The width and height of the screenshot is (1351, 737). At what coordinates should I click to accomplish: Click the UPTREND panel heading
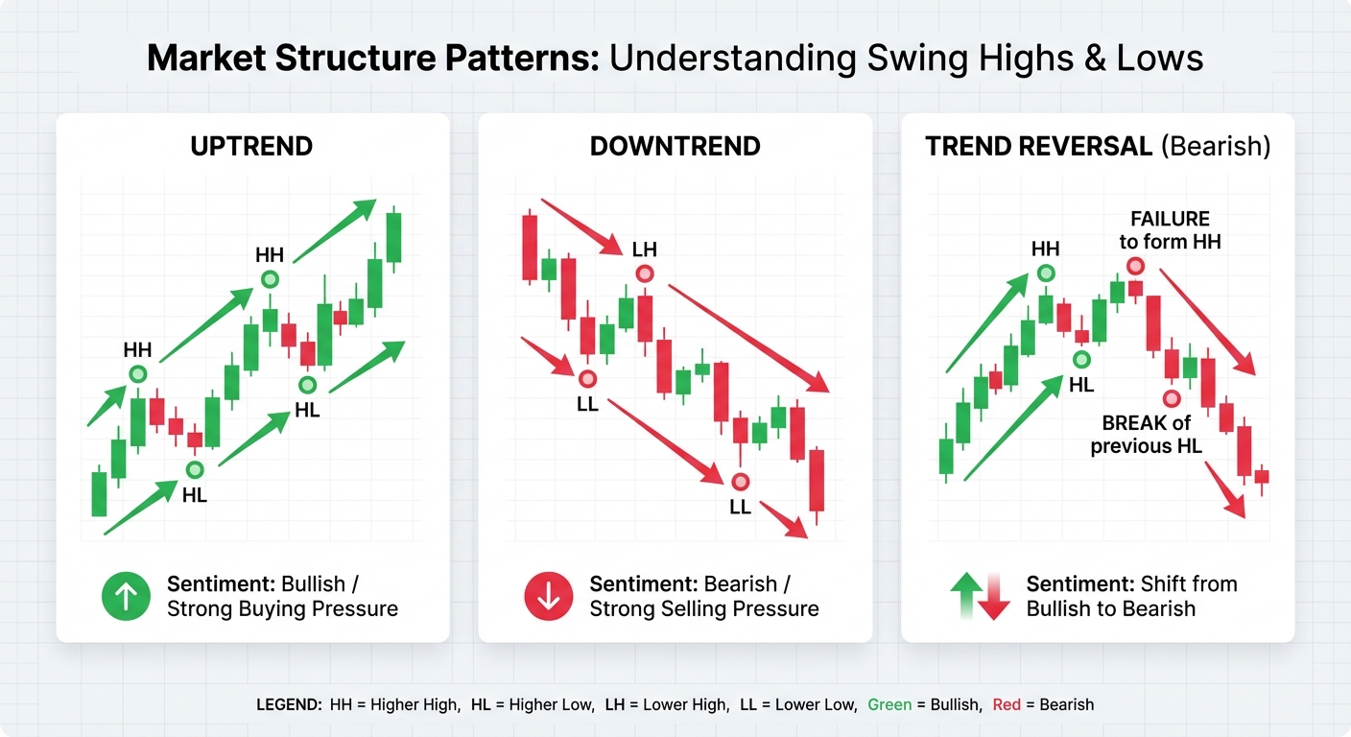(251, 147)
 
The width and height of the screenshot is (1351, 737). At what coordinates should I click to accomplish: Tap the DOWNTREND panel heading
(675, 147)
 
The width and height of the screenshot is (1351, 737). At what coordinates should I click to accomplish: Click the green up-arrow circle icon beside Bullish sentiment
(126, 595)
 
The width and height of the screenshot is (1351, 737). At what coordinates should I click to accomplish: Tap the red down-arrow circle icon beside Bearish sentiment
(548, 595)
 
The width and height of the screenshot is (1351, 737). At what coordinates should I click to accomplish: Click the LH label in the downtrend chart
(645, 250)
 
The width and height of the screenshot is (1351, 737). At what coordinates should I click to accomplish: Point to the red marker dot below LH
(645, 274)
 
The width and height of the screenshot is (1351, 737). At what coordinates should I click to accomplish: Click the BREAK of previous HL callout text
(1146, 435)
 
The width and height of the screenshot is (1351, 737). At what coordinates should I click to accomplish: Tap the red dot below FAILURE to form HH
(1135, 266)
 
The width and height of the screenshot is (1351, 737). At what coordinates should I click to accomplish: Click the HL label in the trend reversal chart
(1081, 385)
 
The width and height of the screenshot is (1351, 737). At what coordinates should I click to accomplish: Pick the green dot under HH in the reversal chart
(1045, 274)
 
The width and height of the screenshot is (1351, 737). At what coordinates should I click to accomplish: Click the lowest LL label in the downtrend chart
(740, 507)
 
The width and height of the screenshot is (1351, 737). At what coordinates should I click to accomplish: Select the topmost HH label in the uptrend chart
(270, 254)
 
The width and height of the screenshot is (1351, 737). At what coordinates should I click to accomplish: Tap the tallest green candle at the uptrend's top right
(393, 237)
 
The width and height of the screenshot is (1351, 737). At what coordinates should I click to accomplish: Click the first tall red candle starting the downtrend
(529, 248)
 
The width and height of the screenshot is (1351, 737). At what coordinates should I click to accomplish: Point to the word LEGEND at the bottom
(288, 704)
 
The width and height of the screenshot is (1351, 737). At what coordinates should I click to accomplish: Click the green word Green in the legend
(889, 704)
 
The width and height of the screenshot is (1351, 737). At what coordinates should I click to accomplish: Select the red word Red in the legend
(1007, 704)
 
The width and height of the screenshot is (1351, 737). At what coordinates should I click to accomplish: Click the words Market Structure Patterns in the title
(373, 59)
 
